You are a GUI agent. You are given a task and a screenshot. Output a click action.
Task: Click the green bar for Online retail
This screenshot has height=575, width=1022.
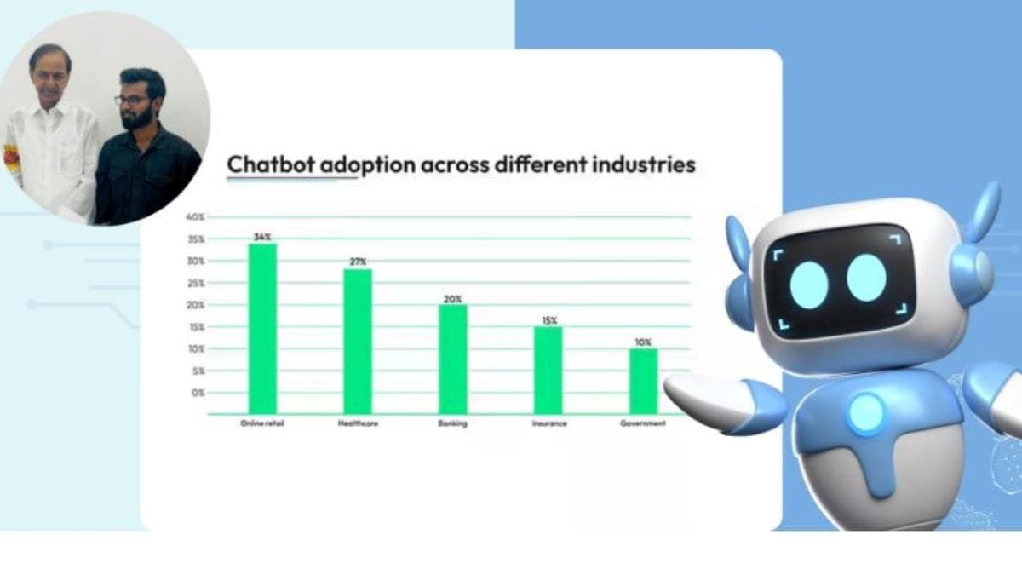pos(262,328)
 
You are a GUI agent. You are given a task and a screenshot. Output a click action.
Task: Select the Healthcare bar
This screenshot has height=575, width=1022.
pos(358,341)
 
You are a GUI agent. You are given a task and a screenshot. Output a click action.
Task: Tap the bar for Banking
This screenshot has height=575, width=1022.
pos(453,359)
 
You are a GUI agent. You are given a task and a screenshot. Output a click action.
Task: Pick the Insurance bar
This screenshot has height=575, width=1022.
pos(548,370)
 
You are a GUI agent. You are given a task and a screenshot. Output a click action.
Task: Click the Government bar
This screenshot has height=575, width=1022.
pos(644,380)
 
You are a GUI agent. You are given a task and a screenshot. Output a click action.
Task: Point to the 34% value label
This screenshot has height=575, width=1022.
pos(262,236)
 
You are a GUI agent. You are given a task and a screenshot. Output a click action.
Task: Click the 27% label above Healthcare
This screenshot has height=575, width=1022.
pos(358,262)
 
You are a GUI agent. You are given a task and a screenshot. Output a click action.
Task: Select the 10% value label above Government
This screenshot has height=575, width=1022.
pos(644,342)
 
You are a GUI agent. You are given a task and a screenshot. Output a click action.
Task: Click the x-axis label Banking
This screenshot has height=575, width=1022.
pos(452,423)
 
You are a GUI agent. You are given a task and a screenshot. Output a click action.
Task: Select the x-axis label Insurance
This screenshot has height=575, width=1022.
pos(548,423)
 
